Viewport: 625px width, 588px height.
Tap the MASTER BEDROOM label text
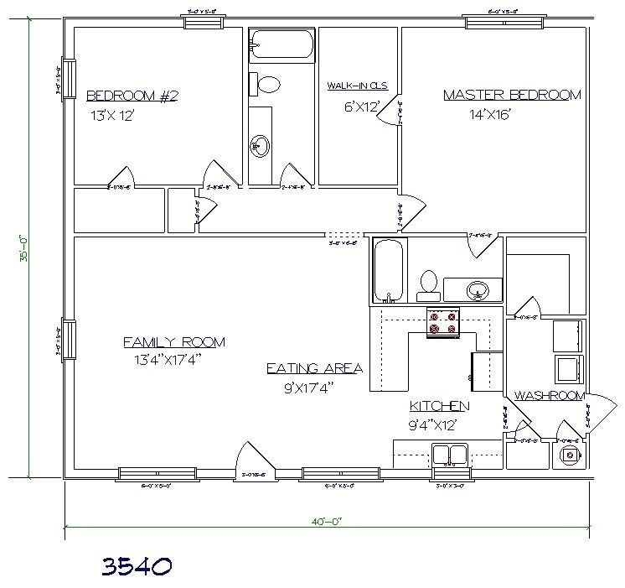click(511, 95)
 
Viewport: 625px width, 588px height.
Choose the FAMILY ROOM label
click(174, 341)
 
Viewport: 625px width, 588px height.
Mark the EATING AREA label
click(314, 368)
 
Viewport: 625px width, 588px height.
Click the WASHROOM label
click(548, 395)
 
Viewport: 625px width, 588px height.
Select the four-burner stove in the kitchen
click(443, 322)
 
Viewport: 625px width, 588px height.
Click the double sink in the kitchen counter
click(450, 454)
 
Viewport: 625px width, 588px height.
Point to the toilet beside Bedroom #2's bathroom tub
click(269, 85)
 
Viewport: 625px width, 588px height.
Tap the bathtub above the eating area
click(388, 271)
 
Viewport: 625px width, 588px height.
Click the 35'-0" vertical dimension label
click(26, 250)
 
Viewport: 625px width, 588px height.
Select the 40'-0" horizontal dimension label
click(326, 521)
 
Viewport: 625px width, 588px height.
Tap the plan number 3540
click(137, 566)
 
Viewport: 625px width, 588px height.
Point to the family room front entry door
click(251, 461)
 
